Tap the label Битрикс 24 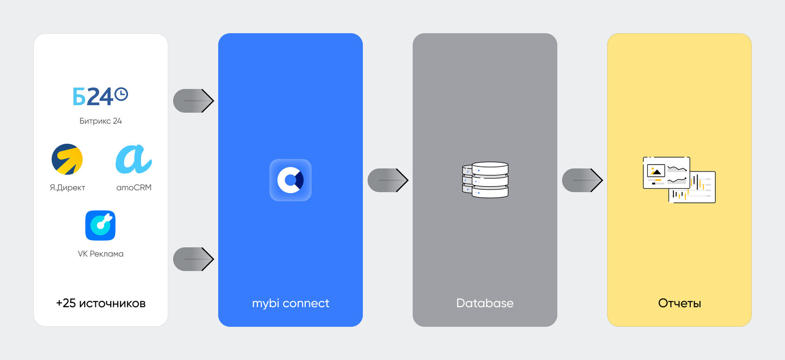click(100, 121)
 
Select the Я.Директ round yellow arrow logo click(67, 159)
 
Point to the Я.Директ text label click(67, 187)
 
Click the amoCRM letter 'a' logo click(133, 159)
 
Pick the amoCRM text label click(134, 187)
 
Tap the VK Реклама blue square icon click(100, 225)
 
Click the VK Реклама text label click(100, 254)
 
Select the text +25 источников click(100, 303)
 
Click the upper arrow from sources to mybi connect click(193, 101)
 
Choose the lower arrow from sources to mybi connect click(193, 259)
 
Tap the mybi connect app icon click(290, 180)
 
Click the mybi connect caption click(290, 303)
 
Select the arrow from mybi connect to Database click(388, 180)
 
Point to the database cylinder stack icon click(485, 180)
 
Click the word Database click(485, 303)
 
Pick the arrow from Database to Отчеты click(582, 180)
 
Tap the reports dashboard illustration click(679, 180)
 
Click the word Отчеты click(679, 303)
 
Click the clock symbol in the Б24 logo click(121, 94)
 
